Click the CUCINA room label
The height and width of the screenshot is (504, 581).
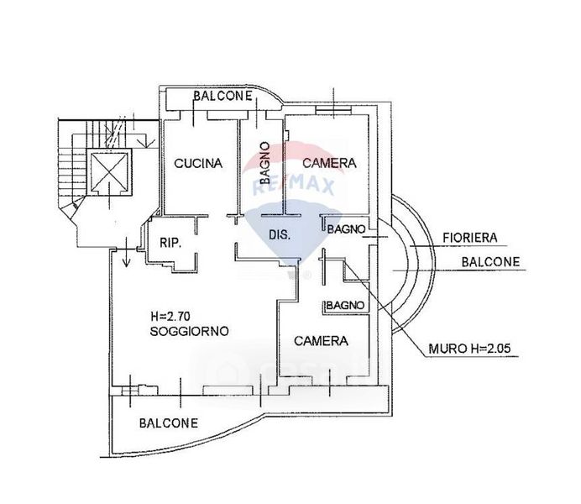pyautogui.click(x=198, y=164)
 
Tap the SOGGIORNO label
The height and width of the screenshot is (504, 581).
pyautogui.click(x=190, y=331)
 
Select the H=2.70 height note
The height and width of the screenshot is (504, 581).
pyautogui.click(x=170, y=316)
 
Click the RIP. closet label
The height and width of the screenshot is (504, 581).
pyautogui.click(x=170, y=243)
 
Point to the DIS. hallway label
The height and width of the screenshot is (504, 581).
pyautogui.click(x=280, y=234)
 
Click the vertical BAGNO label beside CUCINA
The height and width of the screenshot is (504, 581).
pyautogui.click(x=264, y=163)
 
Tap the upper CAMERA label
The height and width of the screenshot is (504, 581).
pyautogui.click(x=329, y=163)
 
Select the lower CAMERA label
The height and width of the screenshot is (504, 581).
pyautogui.click(x=322, y=341)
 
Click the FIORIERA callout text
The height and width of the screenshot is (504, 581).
pyautogui.click(x=470, y=238)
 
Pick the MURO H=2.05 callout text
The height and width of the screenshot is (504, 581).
pyautogui.click(x=469, y=349)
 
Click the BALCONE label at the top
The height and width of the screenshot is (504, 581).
pyautogui.click(x=222, y=96)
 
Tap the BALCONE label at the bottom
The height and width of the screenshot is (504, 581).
pyautogui.click(x=169, y=423)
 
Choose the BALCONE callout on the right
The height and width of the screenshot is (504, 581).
pyautogui.click(x=490, y=262)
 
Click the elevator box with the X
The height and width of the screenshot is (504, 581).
pyautogui.click(x=109, y=171)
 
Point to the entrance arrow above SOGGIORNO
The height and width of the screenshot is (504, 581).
pyautogui.click(x=126, y=252)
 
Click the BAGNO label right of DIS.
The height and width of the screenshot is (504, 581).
pyautogui.click(x=347, y=229)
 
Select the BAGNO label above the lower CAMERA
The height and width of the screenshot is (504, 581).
pyautogui.click(x=345, y=306)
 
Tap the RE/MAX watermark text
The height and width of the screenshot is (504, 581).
pyautogui.click(x=294, y=186)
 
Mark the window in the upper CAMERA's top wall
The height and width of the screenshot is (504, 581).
pyautogui.click(x=333, y=109)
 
